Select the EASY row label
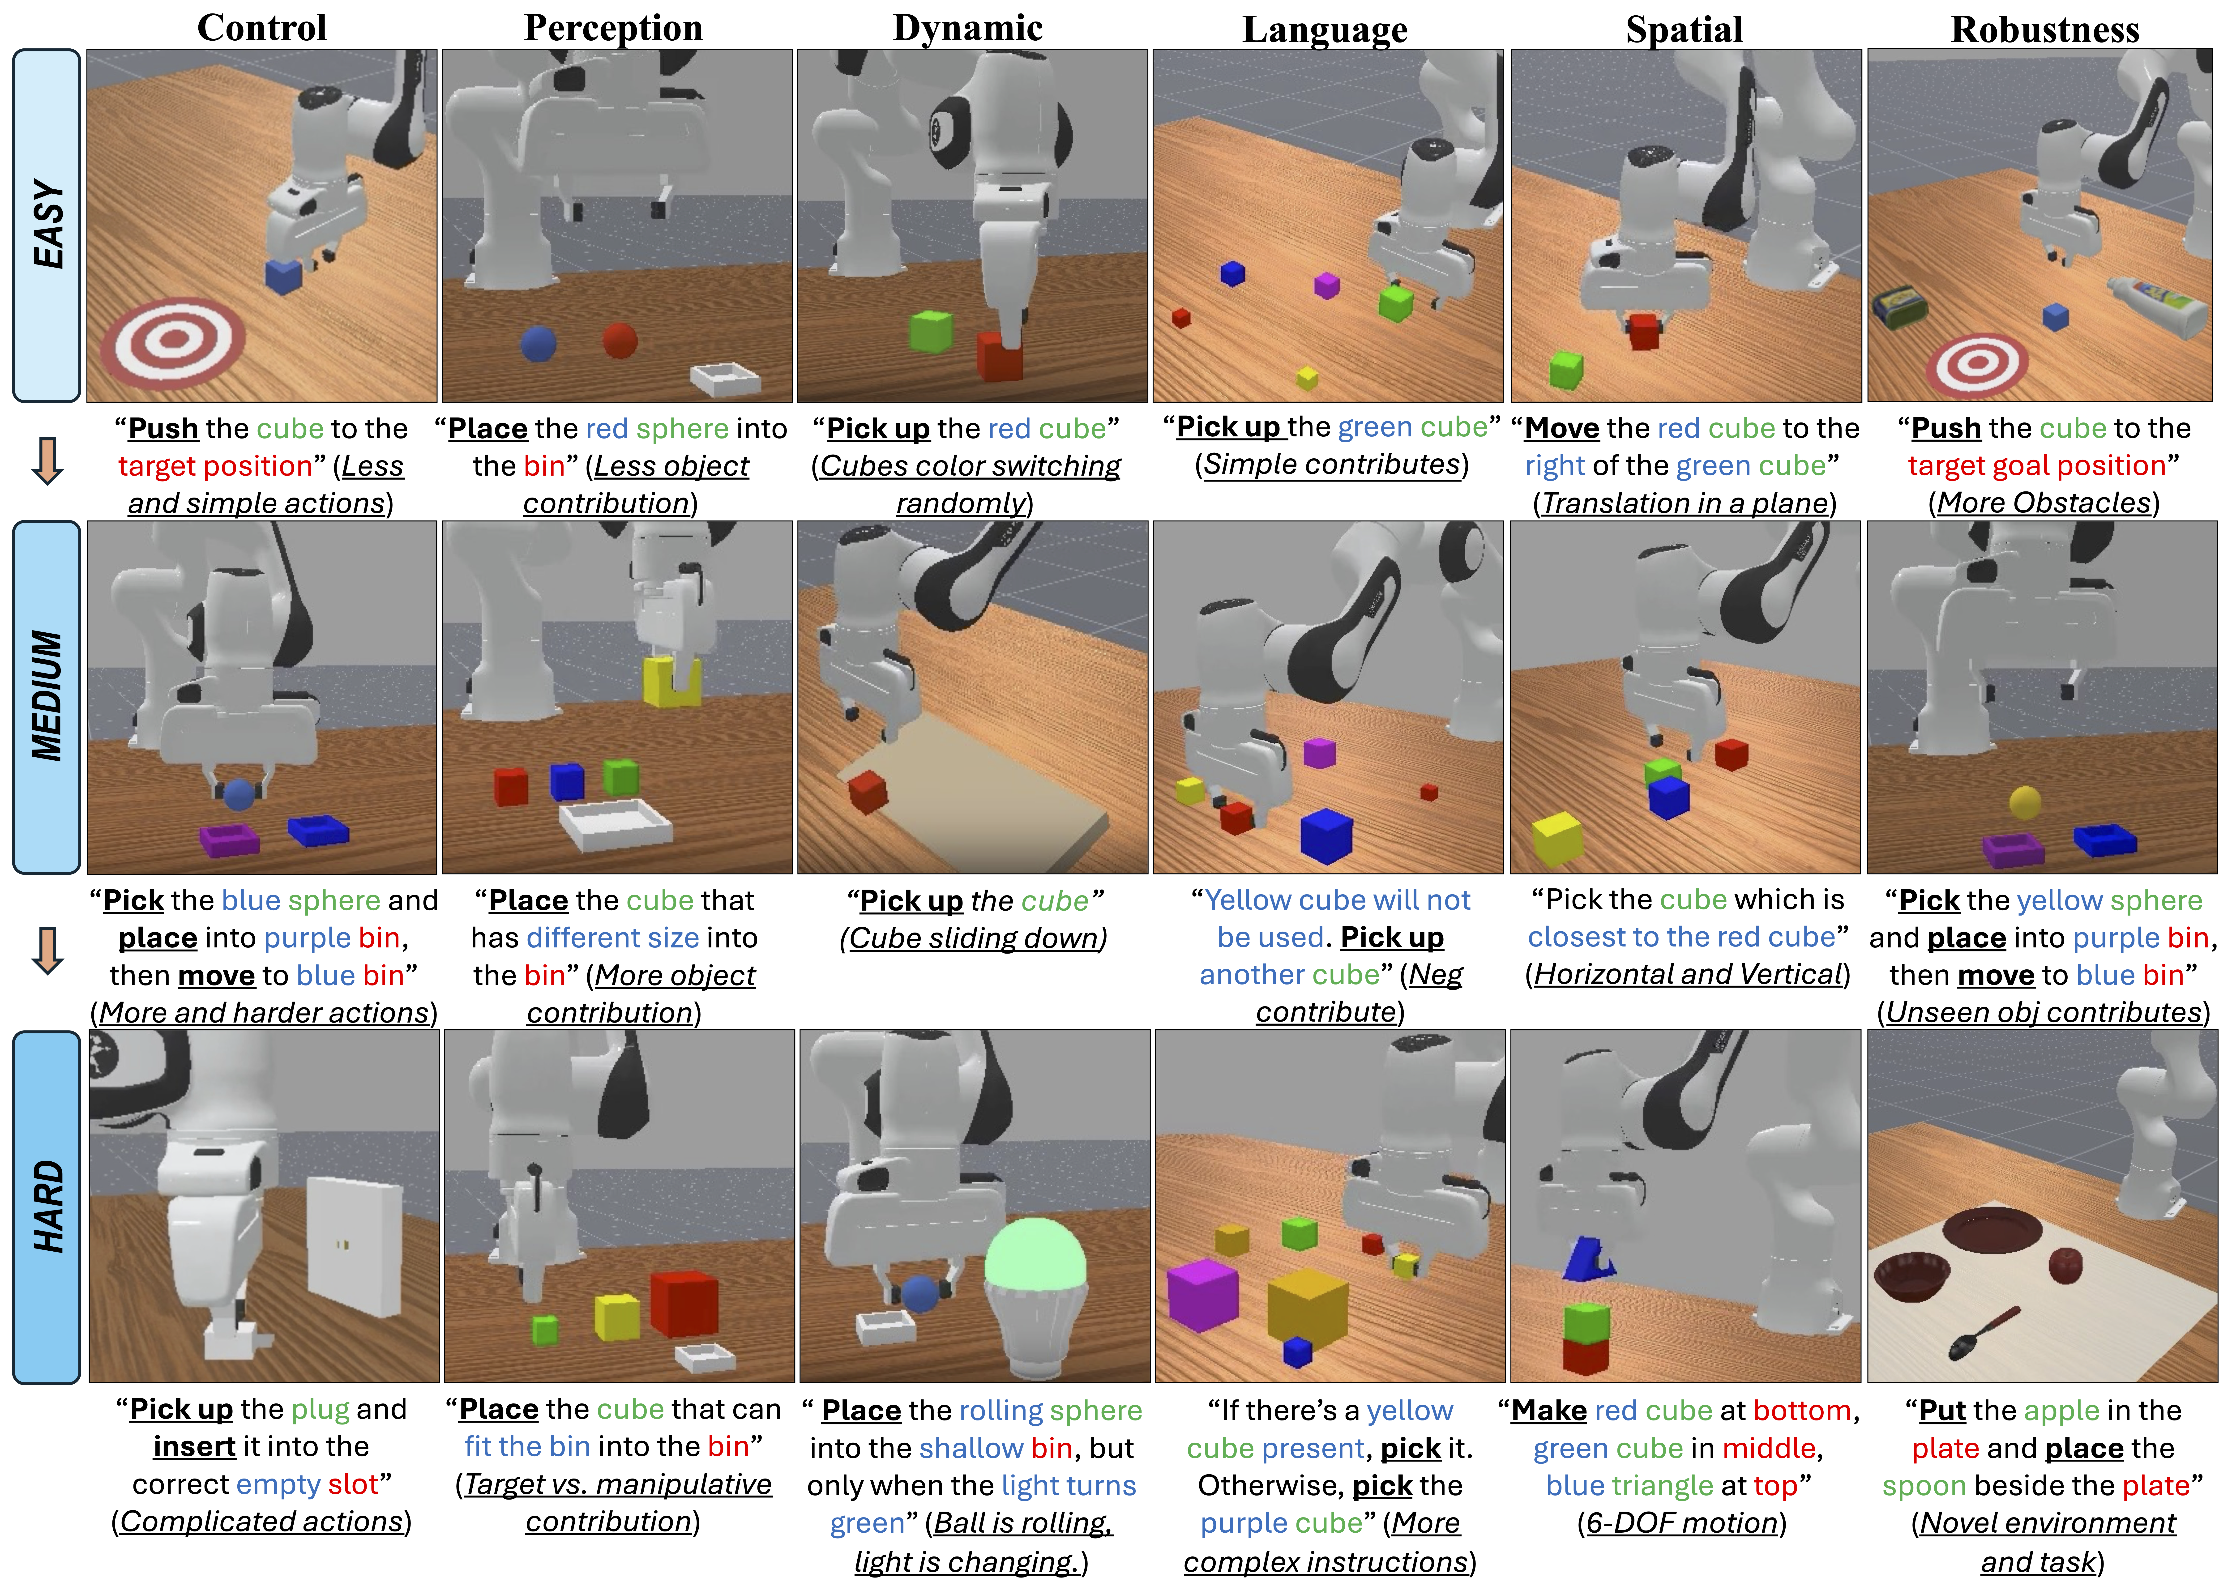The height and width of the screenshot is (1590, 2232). [47, 225]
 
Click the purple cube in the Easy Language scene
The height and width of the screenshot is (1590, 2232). [1326, 285]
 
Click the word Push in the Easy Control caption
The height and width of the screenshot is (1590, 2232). [163, 429]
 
